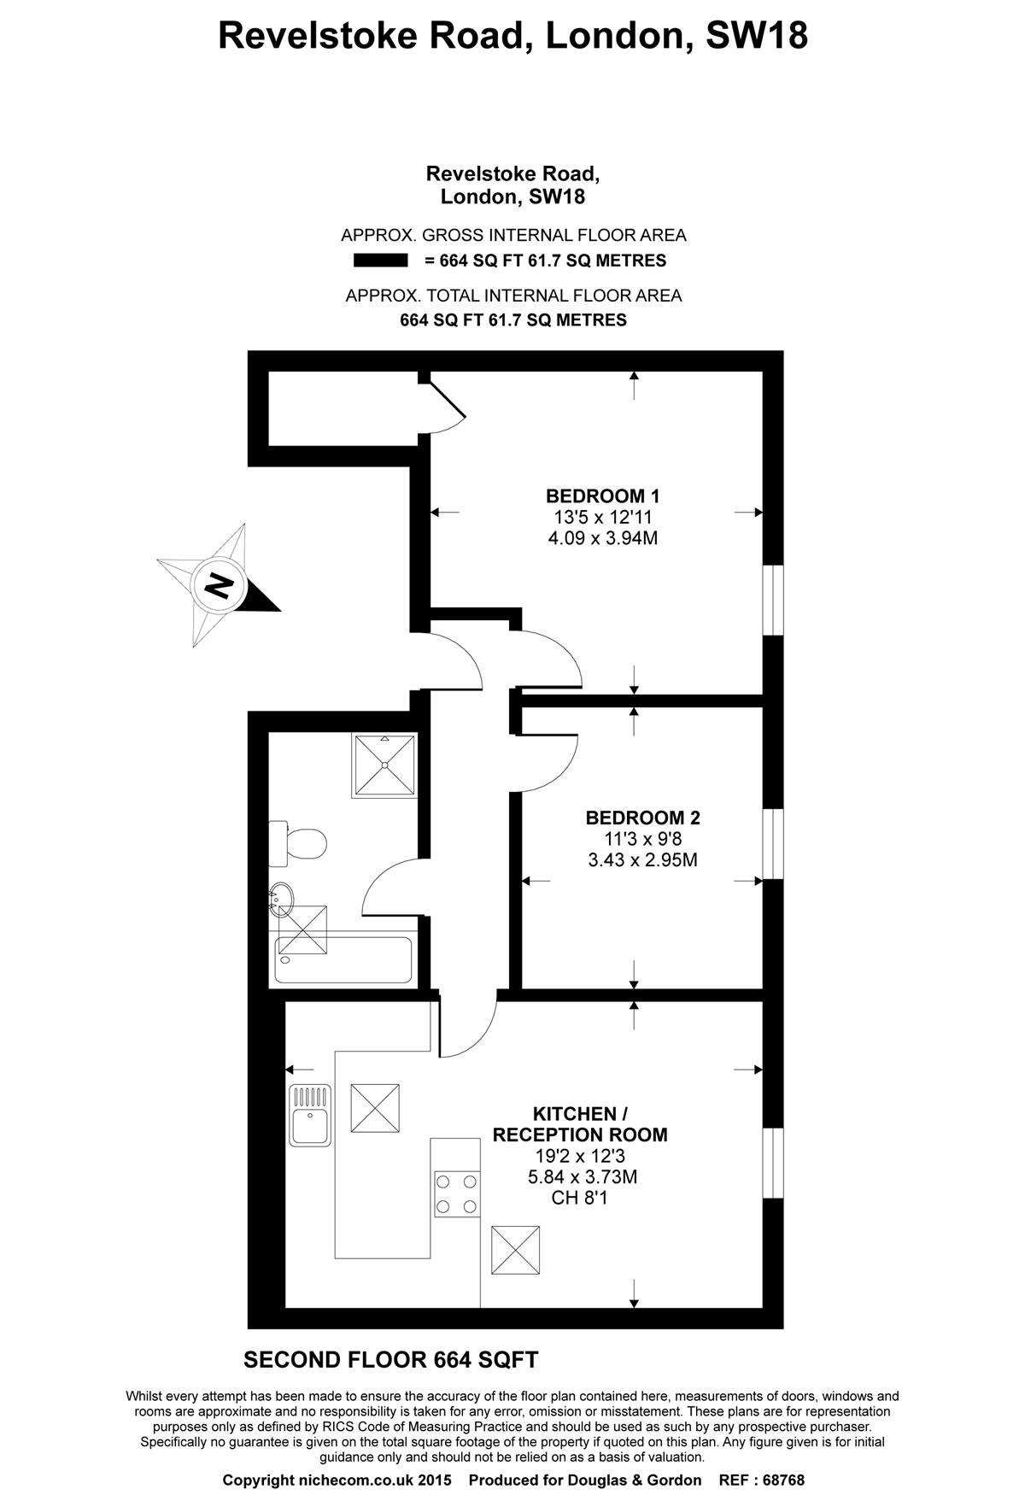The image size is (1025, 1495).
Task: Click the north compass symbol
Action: pyautogui.click(x=220, y=587)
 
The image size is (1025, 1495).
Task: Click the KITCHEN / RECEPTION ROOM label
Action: pyautogui.click(x=580, y=1124)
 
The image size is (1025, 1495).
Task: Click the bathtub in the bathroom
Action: pyautogui.click(x=343, y=960)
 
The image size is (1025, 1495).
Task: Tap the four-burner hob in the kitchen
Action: pyautogui.click(x=457, y=1194)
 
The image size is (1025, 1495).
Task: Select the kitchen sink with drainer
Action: pyautogui.click(x=310, y=1115)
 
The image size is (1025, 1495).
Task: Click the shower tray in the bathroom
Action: pyautogui.click(x=384, y=765)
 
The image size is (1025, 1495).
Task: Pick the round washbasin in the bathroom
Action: pyautogui.click(x=283, y=900)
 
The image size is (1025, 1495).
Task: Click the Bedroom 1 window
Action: pyautogui.click(x=773, y=600)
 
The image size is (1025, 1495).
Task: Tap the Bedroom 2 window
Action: pyautogui.click(x=773, y=843)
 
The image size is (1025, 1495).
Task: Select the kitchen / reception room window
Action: pyautogui.click(x=773, y=1163)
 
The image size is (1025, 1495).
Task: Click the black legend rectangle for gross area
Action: pyautogui.click(x=381, y=261)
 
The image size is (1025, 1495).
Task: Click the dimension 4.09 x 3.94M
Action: pyautogui.click(x=603, y=538)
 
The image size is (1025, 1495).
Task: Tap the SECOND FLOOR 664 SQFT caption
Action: pyautogui.click(x=391, y=1359)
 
